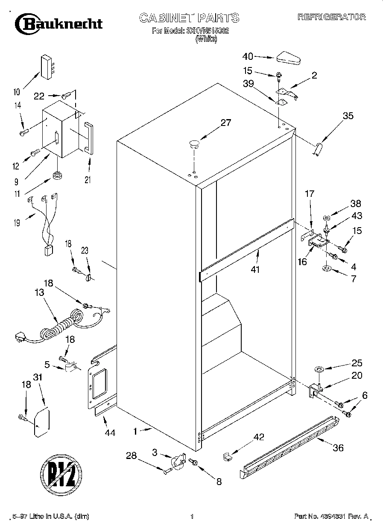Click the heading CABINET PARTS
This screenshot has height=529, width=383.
click(189, 18)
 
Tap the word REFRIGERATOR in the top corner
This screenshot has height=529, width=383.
click(331, 17)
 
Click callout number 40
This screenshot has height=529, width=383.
click(248, 56)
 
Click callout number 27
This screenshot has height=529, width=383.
click(225, 123)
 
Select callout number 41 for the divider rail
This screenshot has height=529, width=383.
click(255, 269)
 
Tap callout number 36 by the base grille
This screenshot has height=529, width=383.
click(337, 447)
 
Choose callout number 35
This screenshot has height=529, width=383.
click(348, 115)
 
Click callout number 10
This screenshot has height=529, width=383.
click(17, 91)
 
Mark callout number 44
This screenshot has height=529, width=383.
click(110, 433)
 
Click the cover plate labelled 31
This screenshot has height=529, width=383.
click(41, 423)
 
